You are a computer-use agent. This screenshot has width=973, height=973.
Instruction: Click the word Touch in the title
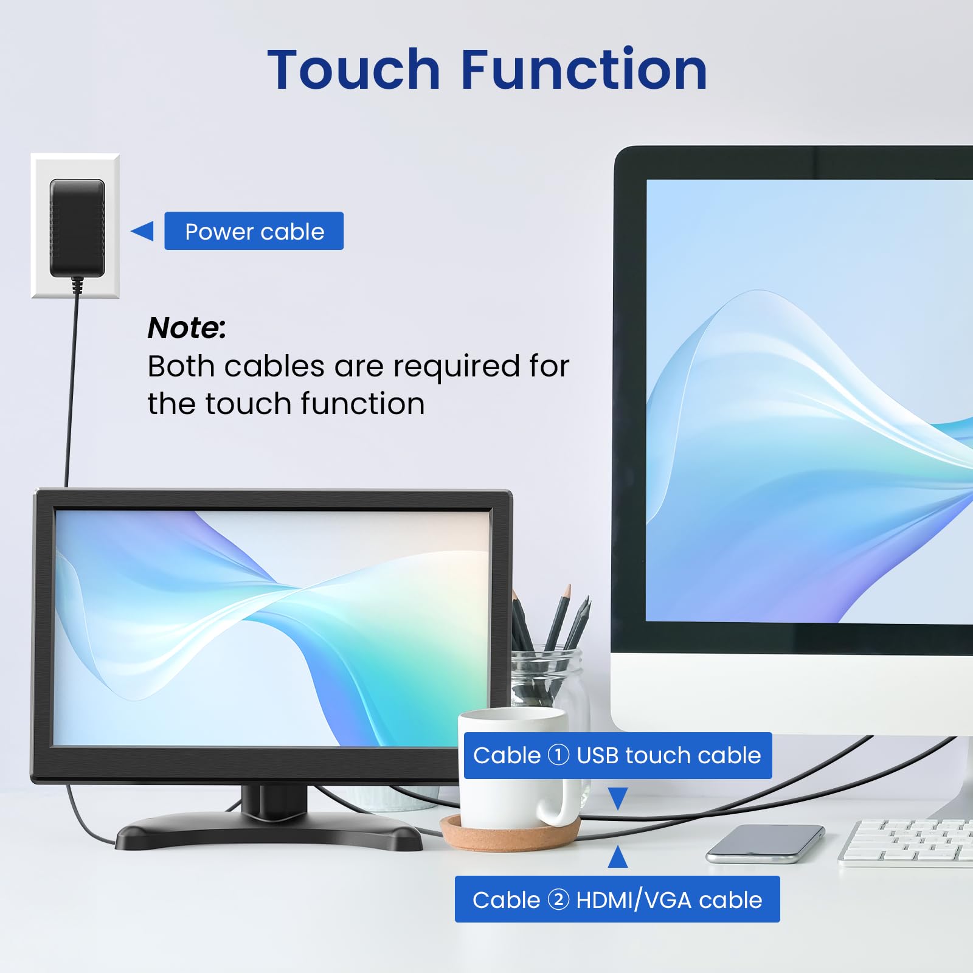353,70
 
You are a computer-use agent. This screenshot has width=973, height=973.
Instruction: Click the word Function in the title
584,70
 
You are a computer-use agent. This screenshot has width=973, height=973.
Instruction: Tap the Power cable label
254,231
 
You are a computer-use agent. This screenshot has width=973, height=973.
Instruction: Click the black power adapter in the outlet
77,227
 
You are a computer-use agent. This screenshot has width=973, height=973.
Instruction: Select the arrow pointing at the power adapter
143,231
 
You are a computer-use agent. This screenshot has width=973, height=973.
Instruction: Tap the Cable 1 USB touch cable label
617,755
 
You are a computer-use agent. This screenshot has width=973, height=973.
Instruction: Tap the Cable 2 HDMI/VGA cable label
617,899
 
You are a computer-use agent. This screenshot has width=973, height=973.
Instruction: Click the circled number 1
558,755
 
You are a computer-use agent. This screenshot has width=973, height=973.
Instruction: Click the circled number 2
558,899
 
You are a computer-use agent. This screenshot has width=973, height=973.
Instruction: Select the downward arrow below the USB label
618,797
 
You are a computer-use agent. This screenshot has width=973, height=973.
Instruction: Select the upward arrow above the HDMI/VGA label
618,857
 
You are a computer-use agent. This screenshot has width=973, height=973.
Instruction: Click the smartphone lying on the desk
765,843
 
